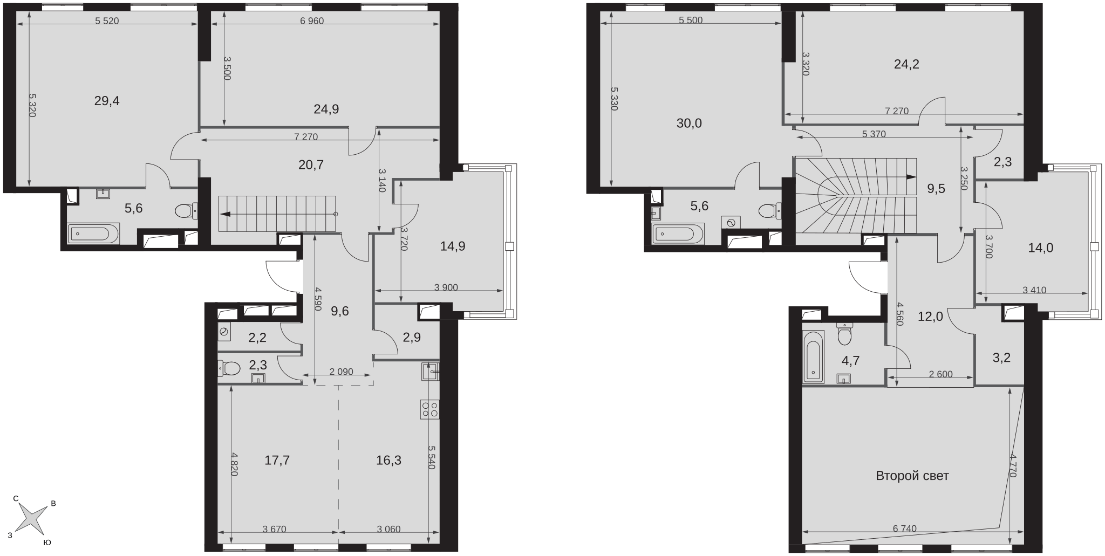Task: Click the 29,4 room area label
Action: tap(107, 101)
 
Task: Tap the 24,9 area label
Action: tap(326, 109)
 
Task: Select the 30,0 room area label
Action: tap(689, 123)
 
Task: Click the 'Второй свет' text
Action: tap(912, 476)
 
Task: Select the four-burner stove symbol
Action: tap(431, 409)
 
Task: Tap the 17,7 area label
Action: tap(277, 460)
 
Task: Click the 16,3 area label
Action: tap(388, 460)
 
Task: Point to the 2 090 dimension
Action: tap(341, 372)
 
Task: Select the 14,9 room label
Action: tap(453, 246)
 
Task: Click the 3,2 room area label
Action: tap(1001, 358)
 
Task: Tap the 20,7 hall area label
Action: tap(311, 165)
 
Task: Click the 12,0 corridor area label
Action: tap(931, 317)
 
